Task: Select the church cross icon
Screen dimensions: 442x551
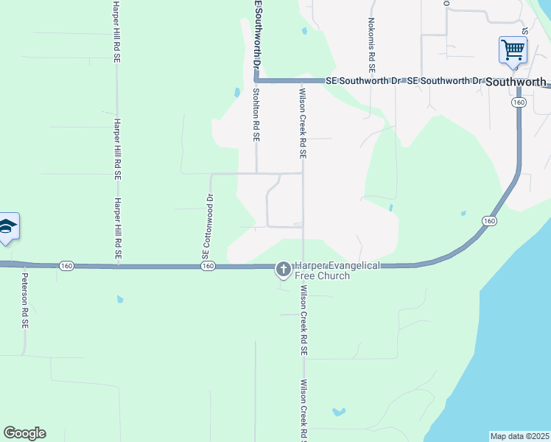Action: [282, 270]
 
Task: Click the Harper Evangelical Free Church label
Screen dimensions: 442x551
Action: [337, 270]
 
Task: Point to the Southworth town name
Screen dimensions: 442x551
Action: [516, 83]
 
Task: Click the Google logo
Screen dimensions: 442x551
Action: [24, 432]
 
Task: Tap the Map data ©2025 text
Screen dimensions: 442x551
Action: [520, 436]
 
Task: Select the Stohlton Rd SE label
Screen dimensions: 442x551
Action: [256, 115]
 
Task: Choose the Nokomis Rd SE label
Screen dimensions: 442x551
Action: [371, 45]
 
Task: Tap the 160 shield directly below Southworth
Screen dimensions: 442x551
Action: [519, 104]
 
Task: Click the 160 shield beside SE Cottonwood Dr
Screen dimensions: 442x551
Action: [207, 266]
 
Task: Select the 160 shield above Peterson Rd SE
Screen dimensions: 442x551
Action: [66, 265]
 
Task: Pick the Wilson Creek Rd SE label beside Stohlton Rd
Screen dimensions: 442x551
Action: [302, 124]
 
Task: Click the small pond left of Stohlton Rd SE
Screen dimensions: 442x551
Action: [236, 93]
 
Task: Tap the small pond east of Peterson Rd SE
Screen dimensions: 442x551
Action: [119, 300]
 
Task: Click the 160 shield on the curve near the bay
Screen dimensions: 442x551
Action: [489, 221]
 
